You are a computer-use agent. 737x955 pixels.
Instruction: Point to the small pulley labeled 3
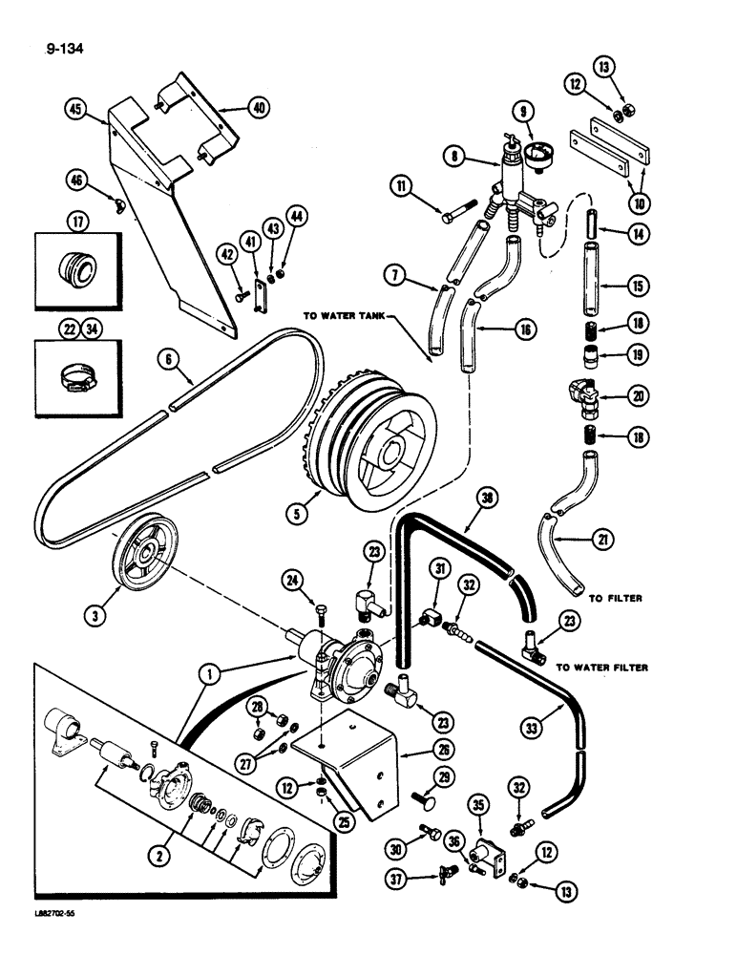tap(144, 553)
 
